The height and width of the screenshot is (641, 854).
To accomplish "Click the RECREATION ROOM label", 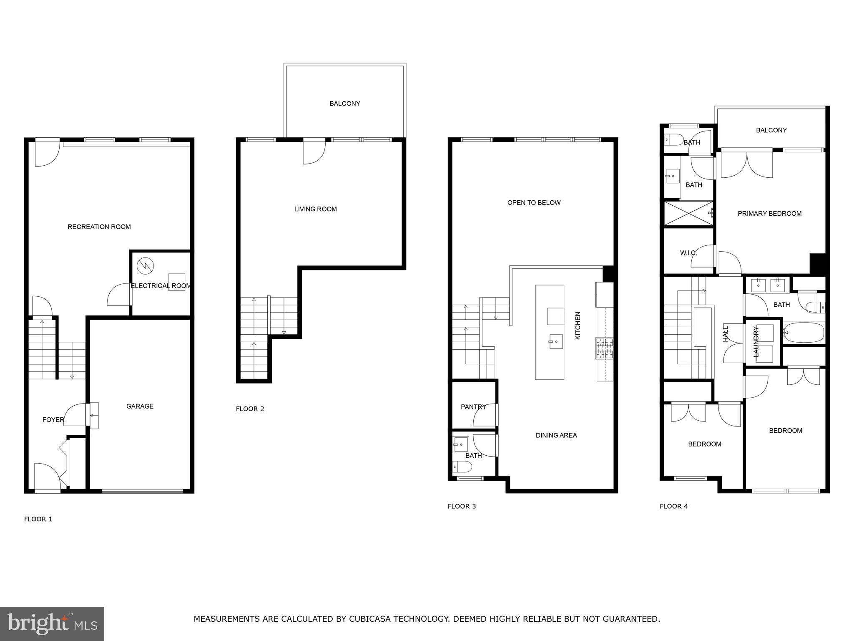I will [99, 227].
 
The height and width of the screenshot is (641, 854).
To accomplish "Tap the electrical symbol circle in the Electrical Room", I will [145, 265].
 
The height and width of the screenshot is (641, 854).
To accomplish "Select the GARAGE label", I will [140, 406].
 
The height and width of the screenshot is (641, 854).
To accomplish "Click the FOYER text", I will [53, 420].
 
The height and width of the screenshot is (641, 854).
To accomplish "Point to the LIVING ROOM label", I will [315, 209].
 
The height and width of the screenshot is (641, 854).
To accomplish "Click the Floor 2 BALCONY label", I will [344, 103].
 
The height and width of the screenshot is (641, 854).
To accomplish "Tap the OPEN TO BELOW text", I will [534, 203].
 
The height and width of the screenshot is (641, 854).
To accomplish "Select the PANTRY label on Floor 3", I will [473, 407].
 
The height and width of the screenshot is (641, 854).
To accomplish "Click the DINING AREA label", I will [556, 435].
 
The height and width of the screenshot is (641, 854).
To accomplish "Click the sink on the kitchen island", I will [555, 342].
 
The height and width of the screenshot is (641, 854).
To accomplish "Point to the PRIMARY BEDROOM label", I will [769, 214].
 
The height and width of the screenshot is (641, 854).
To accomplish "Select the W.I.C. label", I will [688, 253].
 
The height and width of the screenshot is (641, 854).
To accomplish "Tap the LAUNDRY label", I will [756, 341].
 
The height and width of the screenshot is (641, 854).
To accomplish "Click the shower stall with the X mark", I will [688, 214].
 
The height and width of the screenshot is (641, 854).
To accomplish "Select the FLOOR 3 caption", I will [462, 506].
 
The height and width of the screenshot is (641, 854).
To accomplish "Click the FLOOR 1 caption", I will [38, 519].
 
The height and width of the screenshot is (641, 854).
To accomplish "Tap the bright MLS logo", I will [52, 623].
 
